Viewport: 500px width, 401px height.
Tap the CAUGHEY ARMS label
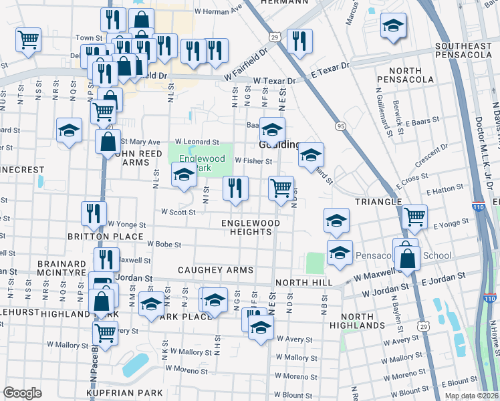coord(215,270)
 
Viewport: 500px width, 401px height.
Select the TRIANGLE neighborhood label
coord(378,201)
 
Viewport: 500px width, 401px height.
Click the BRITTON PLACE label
coord(105,237)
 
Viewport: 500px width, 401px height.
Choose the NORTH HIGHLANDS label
coord(362,320)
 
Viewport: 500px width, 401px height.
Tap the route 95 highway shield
coord(341,126)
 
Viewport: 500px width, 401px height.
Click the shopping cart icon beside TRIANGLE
coord(414,216)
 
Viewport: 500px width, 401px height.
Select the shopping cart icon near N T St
coord(28,39)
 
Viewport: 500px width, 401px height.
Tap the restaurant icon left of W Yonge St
coord(94,213)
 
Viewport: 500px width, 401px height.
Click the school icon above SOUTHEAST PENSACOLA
coord(393,26)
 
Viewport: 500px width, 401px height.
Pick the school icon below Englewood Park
coord(184,176)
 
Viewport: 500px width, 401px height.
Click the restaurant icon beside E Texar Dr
coord(299,41)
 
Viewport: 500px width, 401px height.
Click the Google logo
coord(22,392)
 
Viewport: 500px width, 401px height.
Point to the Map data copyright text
coord(471,396)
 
